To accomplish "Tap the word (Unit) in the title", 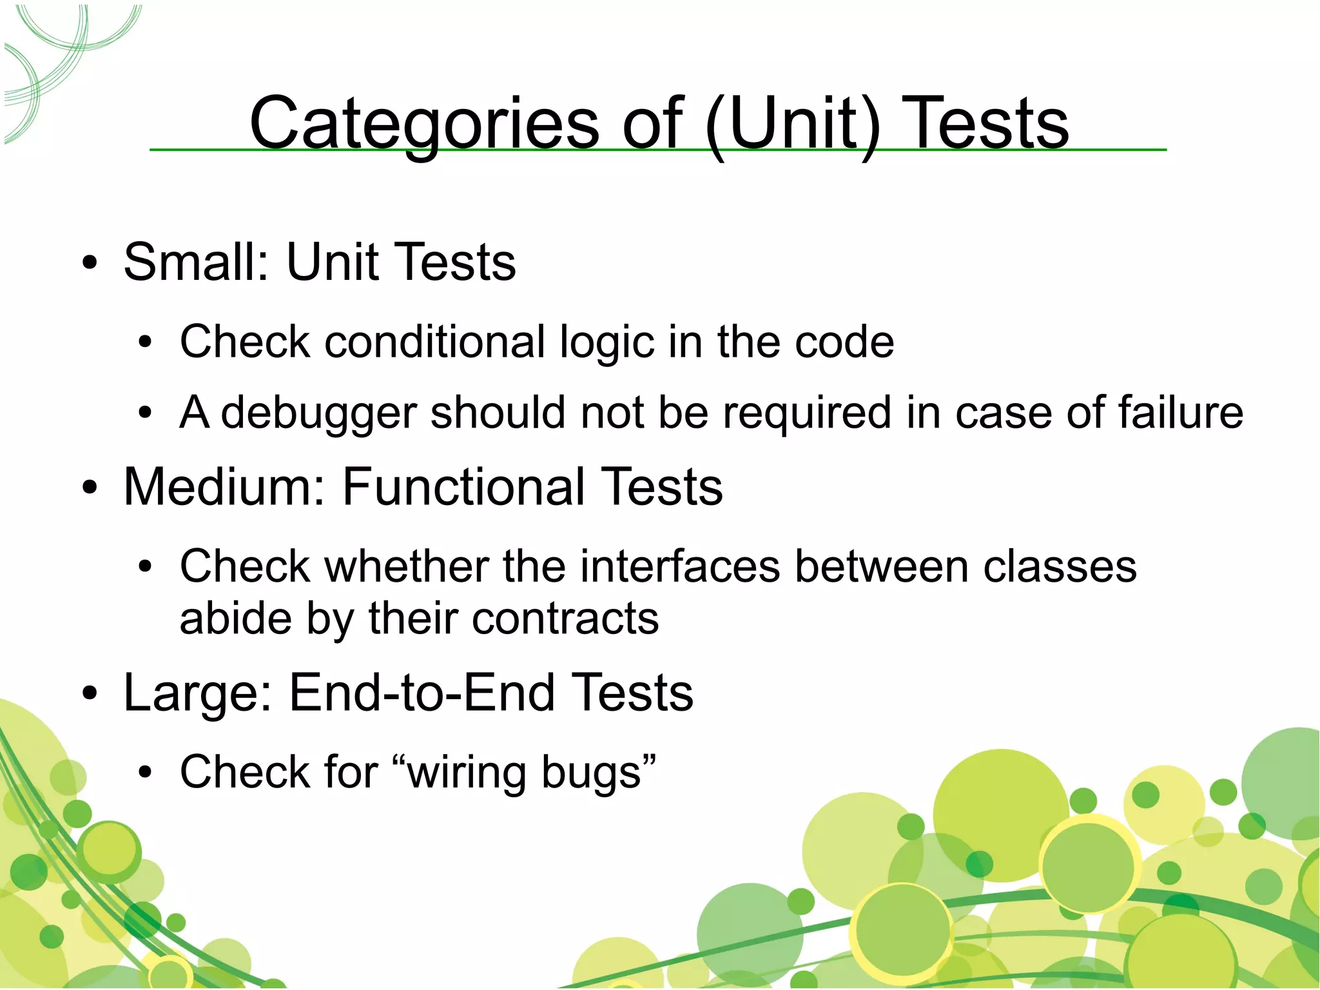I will coord(792,123).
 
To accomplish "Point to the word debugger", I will coord(318,413).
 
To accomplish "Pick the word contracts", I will coord(565,619).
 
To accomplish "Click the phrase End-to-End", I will coord(422,693).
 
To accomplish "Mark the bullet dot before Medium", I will coord(90,488).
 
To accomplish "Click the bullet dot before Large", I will coord(90,695).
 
